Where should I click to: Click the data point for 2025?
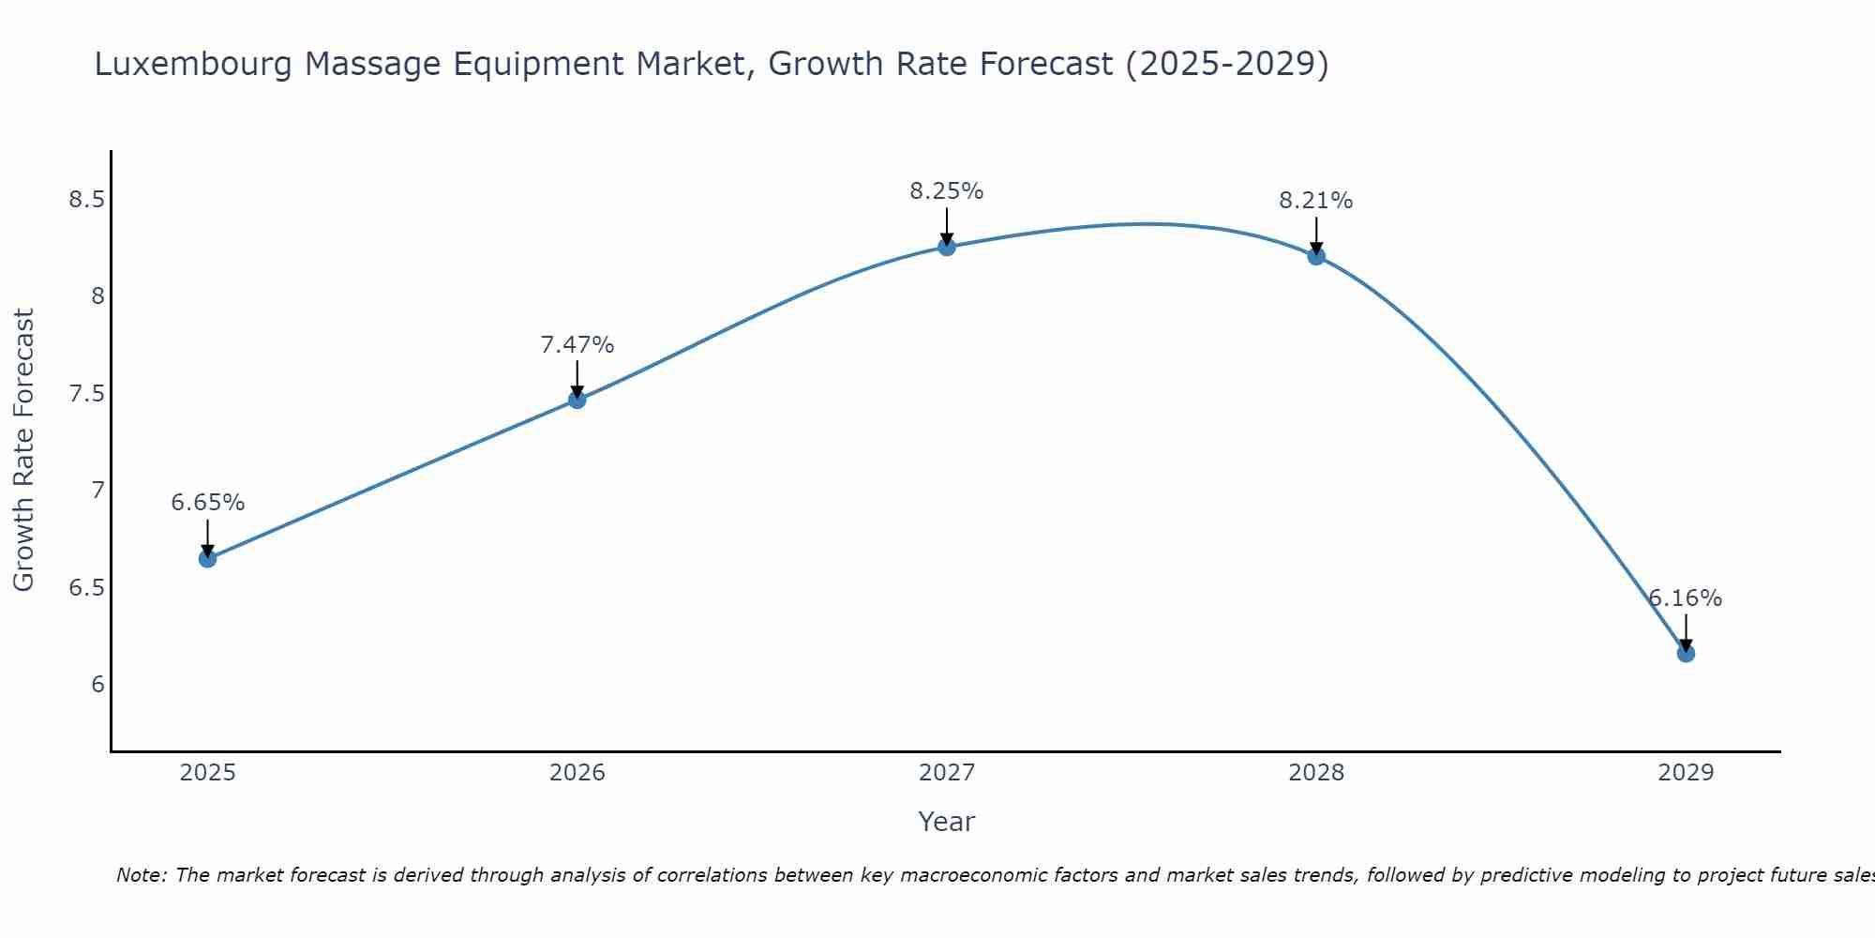(x=207, y=559)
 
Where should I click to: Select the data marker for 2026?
(x=577, y=400)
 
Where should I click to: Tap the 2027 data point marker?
(x=947, y=247)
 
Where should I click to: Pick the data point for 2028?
(x=1316, y=255)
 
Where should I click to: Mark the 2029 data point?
(x=1686, y=653)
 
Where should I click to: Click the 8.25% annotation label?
(x=947, y=191)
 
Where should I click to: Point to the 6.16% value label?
(x=1686, y=598)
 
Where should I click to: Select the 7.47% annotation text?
(x=577, y=345)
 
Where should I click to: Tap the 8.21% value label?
(x=1316, y=201)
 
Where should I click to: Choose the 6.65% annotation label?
(x=207, y=503)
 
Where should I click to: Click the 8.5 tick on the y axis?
(x=86, y=200)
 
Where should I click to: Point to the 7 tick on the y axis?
(x=97, y=491)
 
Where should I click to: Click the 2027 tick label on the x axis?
(x=947, y=773)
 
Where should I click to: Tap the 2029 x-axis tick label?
(x=1686, y=773)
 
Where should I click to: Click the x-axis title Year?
(x=947, y=822)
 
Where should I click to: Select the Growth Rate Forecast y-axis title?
(x=23, y=450)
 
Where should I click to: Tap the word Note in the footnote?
(x=141, y=875)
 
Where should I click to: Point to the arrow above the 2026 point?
(x=577, y=379)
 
